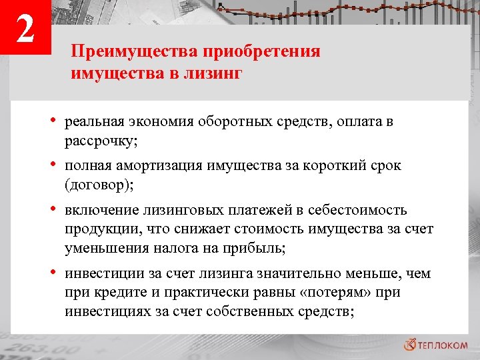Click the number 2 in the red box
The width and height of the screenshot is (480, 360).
25,30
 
